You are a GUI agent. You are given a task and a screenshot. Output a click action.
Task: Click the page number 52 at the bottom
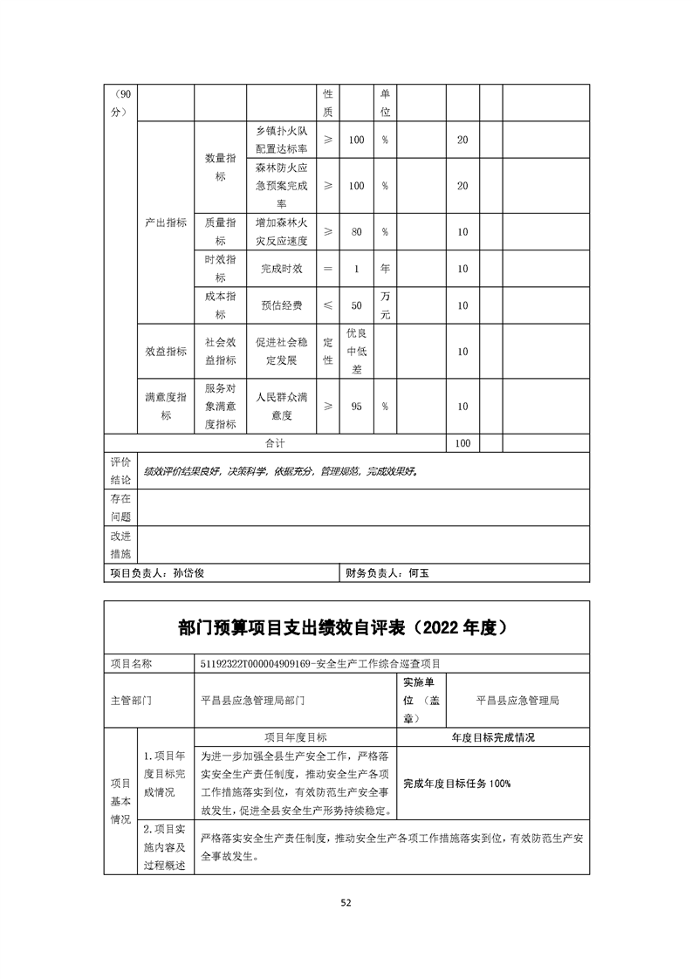click(346, 902)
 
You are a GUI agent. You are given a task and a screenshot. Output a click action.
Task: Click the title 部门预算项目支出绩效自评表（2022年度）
click(347, 627)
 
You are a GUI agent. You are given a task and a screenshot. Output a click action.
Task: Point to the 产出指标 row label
click(166, 222)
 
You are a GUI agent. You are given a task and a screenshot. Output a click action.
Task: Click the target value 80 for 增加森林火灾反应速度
click(356, 231)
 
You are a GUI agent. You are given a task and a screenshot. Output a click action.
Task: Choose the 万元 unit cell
click(385, 305)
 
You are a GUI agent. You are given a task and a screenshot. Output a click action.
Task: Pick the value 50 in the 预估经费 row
click(356, 305)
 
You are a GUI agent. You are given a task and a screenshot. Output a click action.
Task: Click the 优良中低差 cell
click(356, 351)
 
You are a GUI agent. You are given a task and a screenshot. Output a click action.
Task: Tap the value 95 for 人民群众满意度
click(356, 406)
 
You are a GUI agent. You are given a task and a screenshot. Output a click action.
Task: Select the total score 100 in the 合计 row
click(462, 443)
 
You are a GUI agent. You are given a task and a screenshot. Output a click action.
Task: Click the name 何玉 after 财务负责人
click(420, 573)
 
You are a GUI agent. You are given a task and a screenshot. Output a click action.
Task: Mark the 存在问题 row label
click(120, 507)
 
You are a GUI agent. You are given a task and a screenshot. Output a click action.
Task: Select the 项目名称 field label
click(131, 663)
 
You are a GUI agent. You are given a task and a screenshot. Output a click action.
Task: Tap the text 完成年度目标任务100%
click(456, 783)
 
